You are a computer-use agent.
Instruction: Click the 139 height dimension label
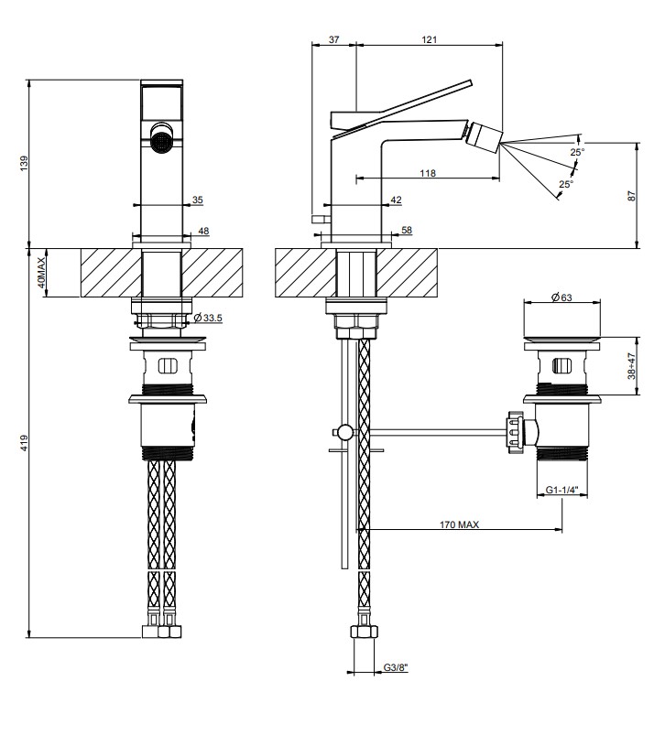coord(24,163)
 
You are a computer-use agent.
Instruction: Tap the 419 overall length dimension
coord(24,443)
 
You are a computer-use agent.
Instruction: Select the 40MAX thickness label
coord(41,273)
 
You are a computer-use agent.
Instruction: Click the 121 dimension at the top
coord(430,40)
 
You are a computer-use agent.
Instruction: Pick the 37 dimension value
coord(333,40)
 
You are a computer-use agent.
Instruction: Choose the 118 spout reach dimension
coord(428,173)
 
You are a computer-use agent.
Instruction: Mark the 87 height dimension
coord(632,196)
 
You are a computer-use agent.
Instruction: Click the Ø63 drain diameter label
coord(561,297)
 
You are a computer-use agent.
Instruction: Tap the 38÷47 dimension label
coord(632,366)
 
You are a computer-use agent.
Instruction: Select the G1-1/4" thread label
coord(561,490)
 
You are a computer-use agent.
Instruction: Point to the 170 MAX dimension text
coord(459,524)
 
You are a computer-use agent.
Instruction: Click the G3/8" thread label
coord(396,667)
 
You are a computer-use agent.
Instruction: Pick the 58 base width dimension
coord(407,230)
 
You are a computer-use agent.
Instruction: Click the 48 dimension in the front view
coord(203,231)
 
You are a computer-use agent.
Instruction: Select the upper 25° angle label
coord(578,152)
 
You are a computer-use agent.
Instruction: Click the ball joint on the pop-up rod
coord(345,431)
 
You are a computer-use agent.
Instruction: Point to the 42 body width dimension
coord(396,200)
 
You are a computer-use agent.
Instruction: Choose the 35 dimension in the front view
coord(198,200)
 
